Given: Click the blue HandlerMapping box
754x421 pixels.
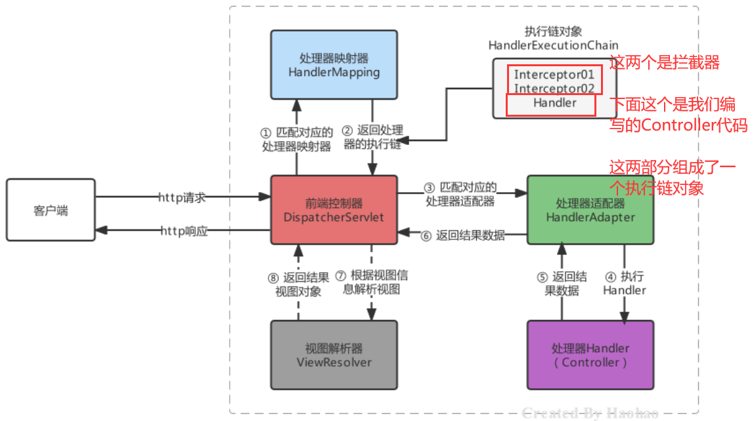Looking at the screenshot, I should pos(334,64).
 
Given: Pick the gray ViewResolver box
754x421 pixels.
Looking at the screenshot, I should pos(334,355).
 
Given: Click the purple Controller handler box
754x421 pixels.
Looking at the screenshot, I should pos(590,355).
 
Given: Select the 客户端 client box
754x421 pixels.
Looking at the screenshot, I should pos(51,210).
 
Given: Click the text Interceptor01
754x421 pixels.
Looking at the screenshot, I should pos(554,75).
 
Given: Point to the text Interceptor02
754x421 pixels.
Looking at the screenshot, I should pos(554,88).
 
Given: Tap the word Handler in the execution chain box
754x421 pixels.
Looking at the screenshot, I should pos(554,103).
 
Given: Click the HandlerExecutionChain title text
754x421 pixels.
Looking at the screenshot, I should pos(553,45).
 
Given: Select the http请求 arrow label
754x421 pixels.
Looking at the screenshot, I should pos(183,197).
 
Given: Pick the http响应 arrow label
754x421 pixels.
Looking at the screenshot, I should pos(183,231).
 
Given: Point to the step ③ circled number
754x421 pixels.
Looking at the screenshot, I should pos(430,187).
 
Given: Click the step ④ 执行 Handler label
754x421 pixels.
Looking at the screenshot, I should pos(625,283).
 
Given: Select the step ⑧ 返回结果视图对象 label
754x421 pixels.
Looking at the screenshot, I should pos(299,283).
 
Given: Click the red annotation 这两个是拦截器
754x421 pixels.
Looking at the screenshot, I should pos(665,63).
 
